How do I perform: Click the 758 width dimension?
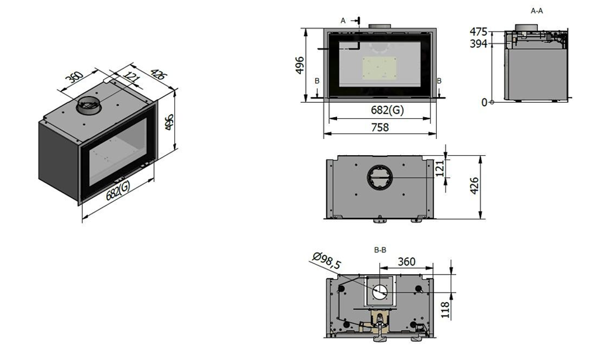point(380,127)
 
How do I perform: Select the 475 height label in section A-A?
point(479,31)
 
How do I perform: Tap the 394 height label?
point(479,44)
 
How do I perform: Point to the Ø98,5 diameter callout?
point(327,260)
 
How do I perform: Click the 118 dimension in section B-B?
point(445,310)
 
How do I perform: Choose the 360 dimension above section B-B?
point(407,262)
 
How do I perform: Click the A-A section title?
point(537,11)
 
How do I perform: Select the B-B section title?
point(380,250)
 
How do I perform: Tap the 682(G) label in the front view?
point(388,110)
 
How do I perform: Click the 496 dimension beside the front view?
point(299,65)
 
